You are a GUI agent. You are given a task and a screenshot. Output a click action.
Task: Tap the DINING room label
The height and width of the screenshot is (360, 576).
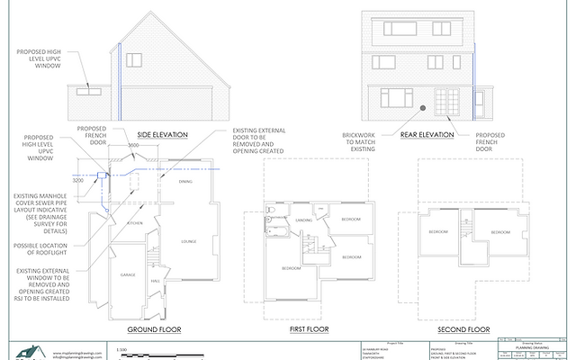tap(185, 183)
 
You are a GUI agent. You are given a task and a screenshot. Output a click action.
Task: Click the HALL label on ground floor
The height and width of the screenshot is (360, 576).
tap(155, 282)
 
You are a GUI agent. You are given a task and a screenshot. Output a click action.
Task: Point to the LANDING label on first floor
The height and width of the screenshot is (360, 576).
tap(303, 219)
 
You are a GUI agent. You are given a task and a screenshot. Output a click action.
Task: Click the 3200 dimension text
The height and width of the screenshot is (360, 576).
tap(77, 180)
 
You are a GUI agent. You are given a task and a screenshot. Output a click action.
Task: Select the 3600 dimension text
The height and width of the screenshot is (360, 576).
tap(132, 146)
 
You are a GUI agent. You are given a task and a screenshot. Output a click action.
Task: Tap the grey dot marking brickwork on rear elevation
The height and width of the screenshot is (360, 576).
tap(421, 110)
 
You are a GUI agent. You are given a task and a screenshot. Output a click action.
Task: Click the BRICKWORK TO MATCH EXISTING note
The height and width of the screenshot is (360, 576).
tap(360, 141)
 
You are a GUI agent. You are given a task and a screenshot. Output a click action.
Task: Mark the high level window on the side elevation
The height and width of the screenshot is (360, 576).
tap(89, 92)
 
